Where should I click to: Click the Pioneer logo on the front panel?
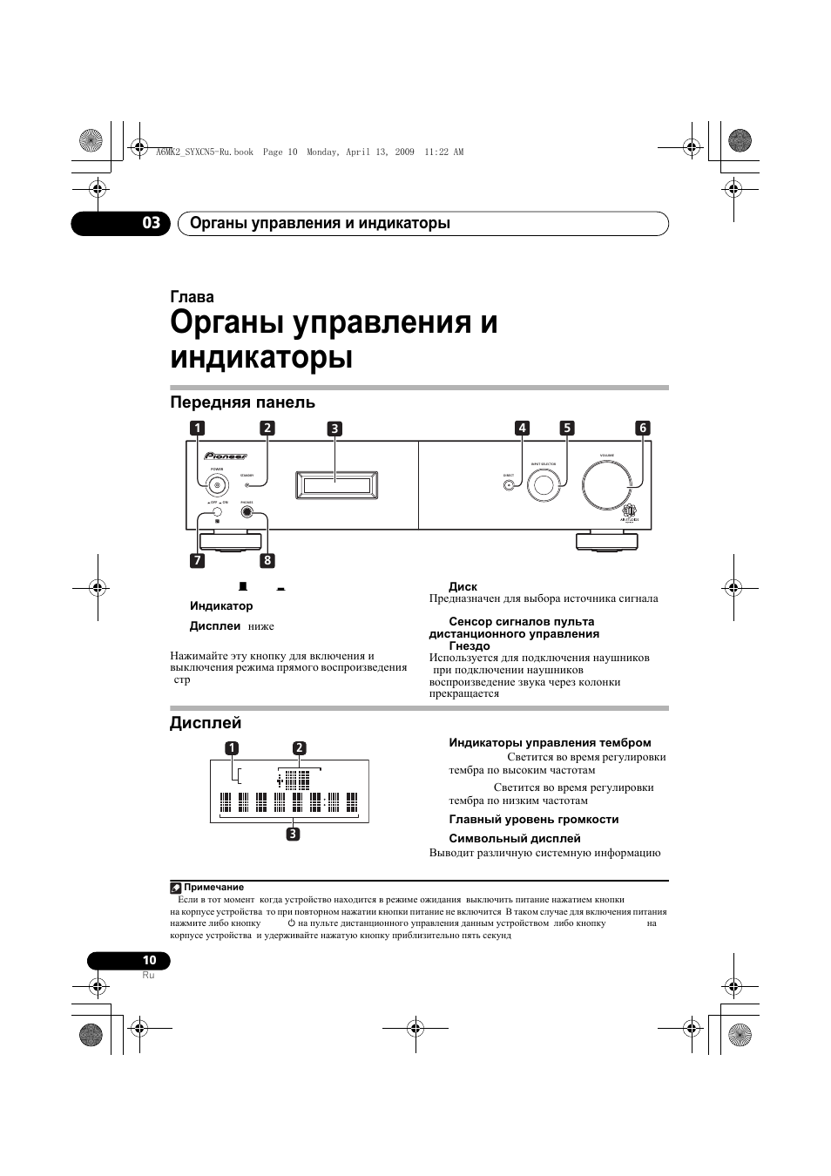pyautogui.click(x=226, y=456)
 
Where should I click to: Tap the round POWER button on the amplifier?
pyautogui.click(x=217, y=487)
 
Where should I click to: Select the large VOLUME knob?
pyautogui.click(x=606, y=485)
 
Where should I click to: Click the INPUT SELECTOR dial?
pyautogui.click(x=544, y=484)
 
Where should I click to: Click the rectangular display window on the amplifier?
pyautogui.click(x=335, y=485)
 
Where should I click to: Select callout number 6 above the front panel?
pyautogui.click(x=642, y=428)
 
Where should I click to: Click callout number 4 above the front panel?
pyautogui.click(x=522, y=428)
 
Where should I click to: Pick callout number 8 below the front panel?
pyautogui.click(x=267, y=560)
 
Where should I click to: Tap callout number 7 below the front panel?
pyautogui.click(x=198, y=560)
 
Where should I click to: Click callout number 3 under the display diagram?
pyautogui.click(x=294, y=834)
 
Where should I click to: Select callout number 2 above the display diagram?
pyautogui.click(x=299, y=747)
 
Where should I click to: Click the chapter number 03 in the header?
pyautogui.click(x=152, y=223)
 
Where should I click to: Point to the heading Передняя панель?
pyautogui.click(x=242, y=402)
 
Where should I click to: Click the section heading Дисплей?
pyautogui.click(x=206, y=723)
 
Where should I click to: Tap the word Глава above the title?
pyautogui.click(x=192, y=297)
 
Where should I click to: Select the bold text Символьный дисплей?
pyautogui.click(x=514, y=839)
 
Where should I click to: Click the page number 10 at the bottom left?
pyautogui.click(x=149, y=960)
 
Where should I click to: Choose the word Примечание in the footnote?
pyautogui.click(x=213, y=887)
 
